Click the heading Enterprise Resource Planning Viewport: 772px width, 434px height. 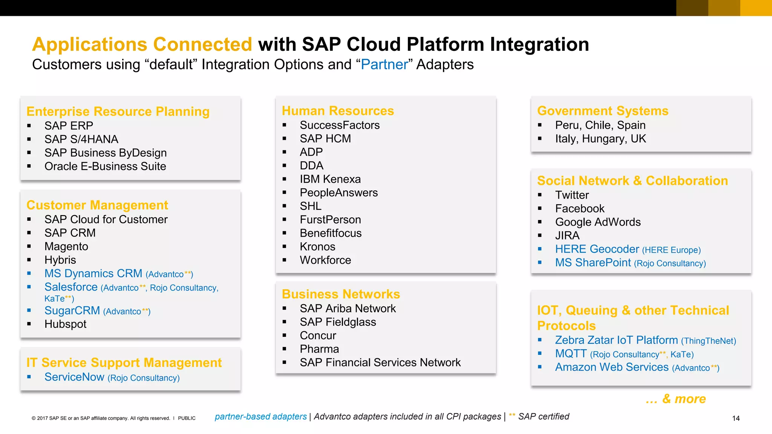(118, 112)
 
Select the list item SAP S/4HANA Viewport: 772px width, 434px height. (81, 139)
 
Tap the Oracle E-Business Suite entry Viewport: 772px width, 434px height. (105, 167)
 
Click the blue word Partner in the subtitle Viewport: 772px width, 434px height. (384, 65)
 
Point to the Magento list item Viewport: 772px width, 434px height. (66, 247)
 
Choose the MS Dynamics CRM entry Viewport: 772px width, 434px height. (93, 274)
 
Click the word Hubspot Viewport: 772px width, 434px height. (65, 324)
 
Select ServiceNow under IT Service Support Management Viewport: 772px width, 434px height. (74, 377)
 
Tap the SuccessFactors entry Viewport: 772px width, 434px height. (339, 125)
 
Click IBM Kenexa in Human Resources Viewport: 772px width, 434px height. (330, 179)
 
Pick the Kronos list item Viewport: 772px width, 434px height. (317, 247)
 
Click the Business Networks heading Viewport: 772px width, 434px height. (340, 294)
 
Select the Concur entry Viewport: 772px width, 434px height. (318, 336)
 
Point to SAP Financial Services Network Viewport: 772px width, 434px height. (380, 363)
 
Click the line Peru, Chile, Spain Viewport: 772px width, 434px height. (600, 125)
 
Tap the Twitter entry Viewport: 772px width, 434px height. (571, 195)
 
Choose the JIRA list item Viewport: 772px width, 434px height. (567, 236)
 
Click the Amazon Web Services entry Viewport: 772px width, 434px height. (611, 367)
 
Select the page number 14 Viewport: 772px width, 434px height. (735, 419)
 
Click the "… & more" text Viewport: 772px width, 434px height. (675, 399)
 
